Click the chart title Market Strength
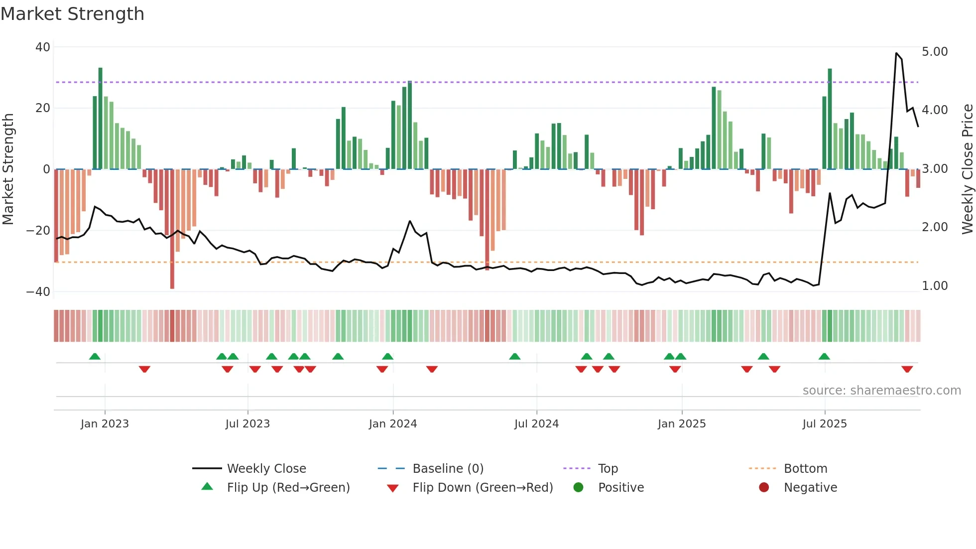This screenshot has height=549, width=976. pyautogui.click(x=72, y=14)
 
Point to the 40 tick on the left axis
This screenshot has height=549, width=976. pyautogui.click(x=43, y=47)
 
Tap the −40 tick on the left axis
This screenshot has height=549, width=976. pyautogui.click(x=38, y=292)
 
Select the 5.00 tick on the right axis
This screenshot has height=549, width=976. pyautogui.click(x=935, y=52)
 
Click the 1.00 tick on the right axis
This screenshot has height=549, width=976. pyautogui.click(x=935, y=286)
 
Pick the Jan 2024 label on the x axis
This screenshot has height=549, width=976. pyautogui.click(x=392, y=424)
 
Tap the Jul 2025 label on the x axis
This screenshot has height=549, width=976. pyautogui.click(x=824, y=424)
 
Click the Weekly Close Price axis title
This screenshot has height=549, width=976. pyautogui.click(x=967, y=169)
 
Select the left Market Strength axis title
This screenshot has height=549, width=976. pyautogui.click(x=8, y=169)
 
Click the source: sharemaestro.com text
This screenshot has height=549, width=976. pyautogui.click(x=881, y=391)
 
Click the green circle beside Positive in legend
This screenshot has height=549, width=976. pyautogui.click(x=578, y=488)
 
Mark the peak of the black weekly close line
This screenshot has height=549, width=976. pyautogui.click(x=896, y=53)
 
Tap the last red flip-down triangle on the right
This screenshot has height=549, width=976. pyautogui.click(x=907, y=369)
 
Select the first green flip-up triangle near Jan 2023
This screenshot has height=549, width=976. pyautogui.click(x=95, y=356)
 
